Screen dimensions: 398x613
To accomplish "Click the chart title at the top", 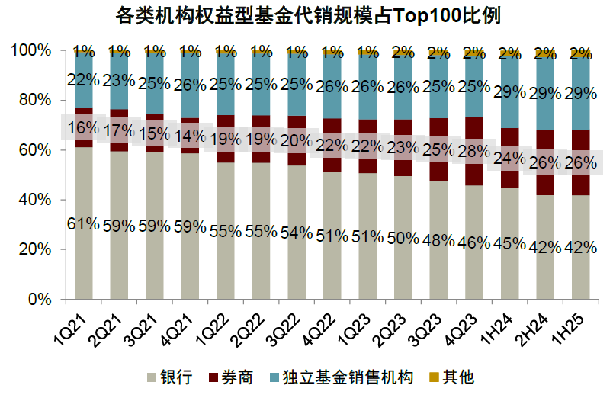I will click(307, 14).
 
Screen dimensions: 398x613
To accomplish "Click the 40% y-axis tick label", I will click(34, 200).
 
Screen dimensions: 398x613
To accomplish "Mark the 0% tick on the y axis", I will click(39, 300).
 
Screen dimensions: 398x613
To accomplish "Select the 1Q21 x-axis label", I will click(75, 324).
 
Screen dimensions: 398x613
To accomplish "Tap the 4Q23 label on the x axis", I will click(466, 324).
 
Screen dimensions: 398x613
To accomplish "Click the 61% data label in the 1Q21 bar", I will click(83, 224).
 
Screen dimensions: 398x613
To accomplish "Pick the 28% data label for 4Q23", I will click(473, 152).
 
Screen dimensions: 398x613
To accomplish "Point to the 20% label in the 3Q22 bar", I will click(296, 140).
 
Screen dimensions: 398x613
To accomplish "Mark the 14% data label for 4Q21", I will click(190, 136).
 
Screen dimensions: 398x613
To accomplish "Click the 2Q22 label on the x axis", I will click(253, 324).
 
